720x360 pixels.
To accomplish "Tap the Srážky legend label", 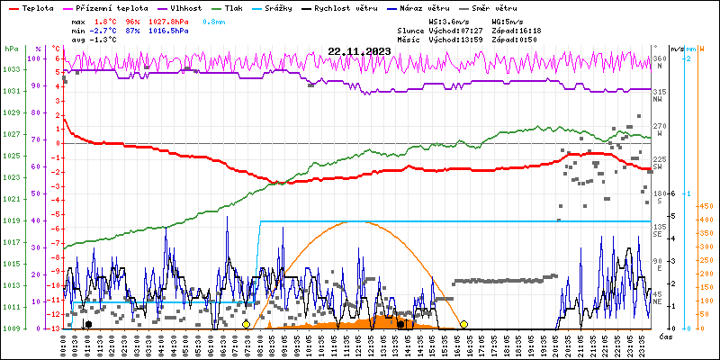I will [280, 7].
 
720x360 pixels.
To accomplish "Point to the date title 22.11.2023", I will [359, 50].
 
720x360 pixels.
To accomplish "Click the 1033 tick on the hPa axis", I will [11, 69].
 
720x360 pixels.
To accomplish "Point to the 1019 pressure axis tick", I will [11, 220].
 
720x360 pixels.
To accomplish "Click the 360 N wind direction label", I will [660, 63].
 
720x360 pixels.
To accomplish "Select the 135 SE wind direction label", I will [660, 230].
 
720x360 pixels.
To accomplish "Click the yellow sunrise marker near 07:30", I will [246, 324].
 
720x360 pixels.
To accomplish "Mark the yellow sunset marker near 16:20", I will [463, 324].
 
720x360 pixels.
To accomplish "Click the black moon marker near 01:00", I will [87, 324].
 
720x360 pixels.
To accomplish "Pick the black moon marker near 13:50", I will [400, 324].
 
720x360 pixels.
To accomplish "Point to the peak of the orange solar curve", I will [346, 221].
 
